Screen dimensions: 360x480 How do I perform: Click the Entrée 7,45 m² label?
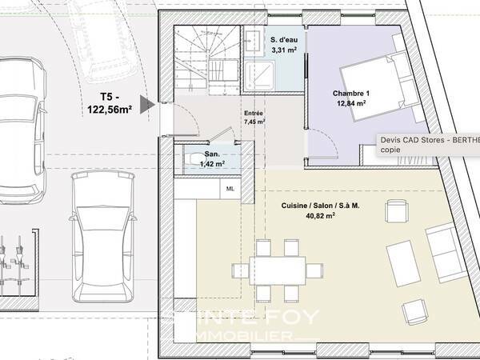[254, 118]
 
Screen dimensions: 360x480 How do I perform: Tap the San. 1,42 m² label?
[213, 158]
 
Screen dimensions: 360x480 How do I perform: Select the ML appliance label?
[230, 189]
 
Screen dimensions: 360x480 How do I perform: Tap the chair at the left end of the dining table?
[239, 270]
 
